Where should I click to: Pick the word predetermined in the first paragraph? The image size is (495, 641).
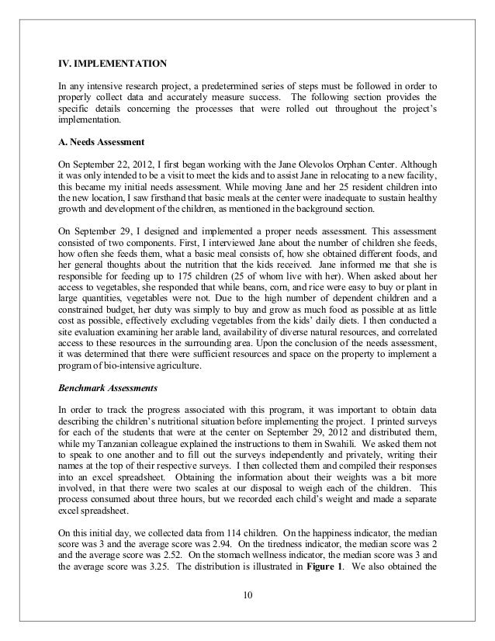pyautogui.click(x=238, y=85)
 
